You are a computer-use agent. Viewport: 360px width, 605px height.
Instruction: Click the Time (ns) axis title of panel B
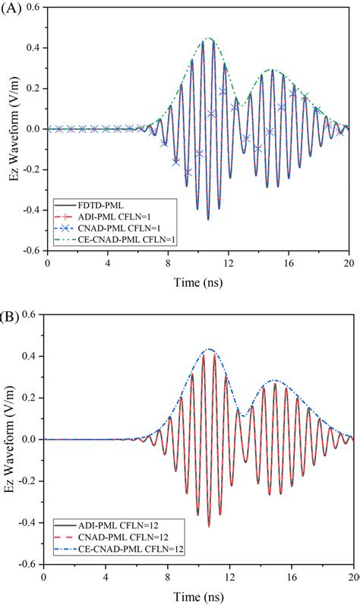coord(198,594)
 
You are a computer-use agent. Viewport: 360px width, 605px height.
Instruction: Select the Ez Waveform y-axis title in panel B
coord(9,440)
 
